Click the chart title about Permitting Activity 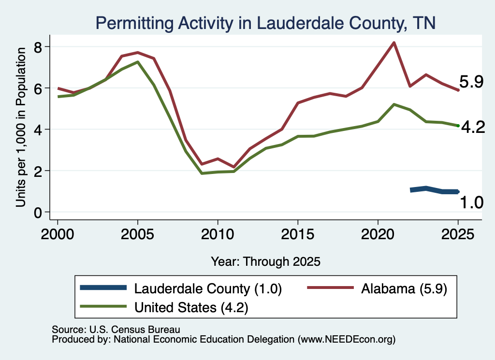pyautogui.click(x=265, y=23)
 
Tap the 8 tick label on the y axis pyautogui.click(x=38, y=47)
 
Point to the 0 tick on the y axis pyautogui.click(x=38, y=212)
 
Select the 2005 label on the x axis pyautogui.click(x=137, y=234)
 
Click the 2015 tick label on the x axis pyautogui.click(x=297, y=234)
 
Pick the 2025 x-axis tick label pyautogui.click(x=458, y=234)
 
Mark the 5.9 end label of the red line pyautogui.click(x=471, y=82)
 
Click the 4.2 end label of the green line pyautogui.click(x=473, y=127)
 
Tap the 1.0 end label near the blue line pyautogui.click(x=471, y=202)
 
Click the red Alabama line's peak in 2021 pyautogui.click(x=393, y=43)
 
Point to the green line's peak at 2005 pyautogui.click(x=138, y=62)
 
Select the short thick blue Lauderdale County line pyautogui.click(x=434, y=190)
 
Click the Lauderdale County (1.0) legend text pyautogui.click(x=208, y=288)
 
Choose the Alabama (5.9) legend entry pyautogui.click(x=404, y=288)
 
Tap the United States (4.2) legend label pyautogui.click(x=191, y=307)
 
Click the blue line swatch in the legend pyautogui.click(x=103, y=288)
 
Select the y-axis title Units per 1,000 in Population pyautogui.click(x=21, y=127)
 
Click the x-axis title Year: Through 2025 pyautogui.click(x=265, y=261)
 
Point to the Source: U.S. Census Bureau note pyautogui.click(x=116, y=330)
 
